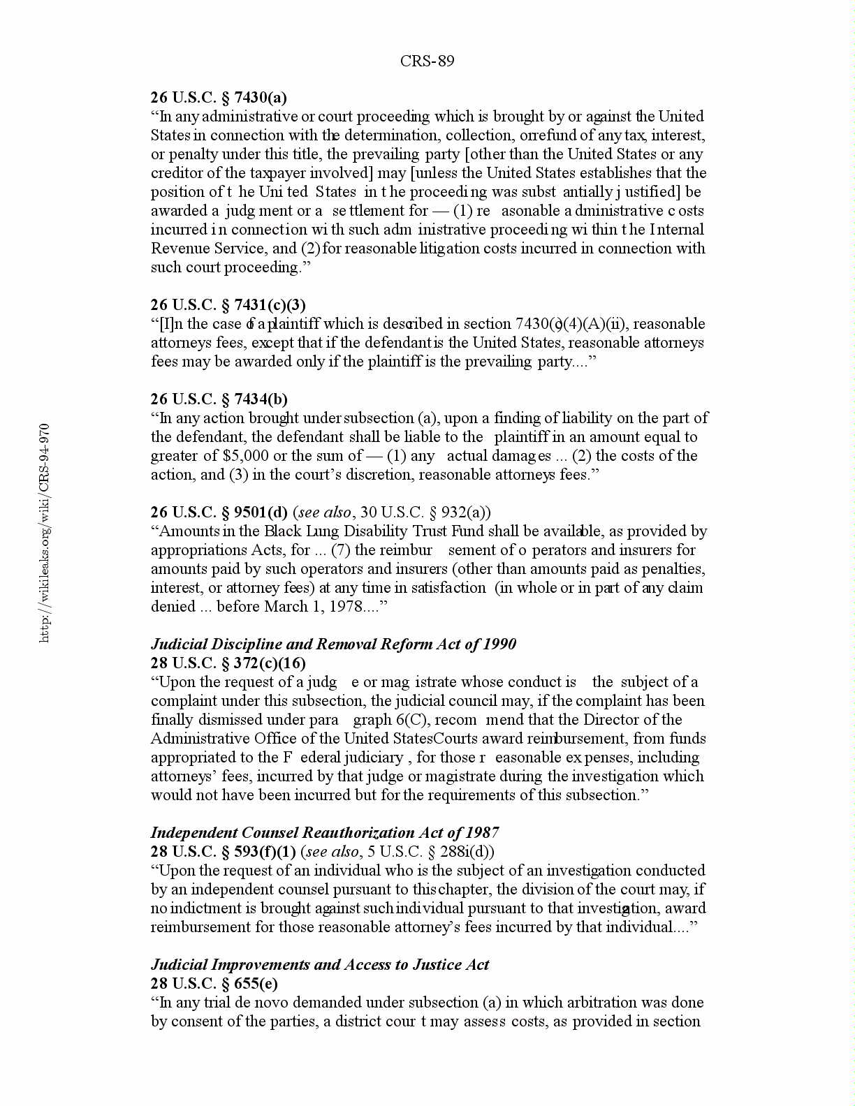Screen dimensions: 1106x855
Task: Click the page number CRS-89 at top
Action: pyautogui.click(x=427, y=61)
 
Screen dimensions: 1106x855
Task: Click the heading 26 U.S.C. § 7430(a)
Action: pyautogui.click(x=219, y=98)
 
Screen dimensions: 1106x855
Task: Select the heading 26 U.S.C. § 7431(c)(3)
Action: pyautogui.click(x=228, y=305)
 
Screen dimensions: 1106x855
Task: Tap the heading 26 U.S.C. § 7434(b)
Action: pyautogui.click(x=219, y=399)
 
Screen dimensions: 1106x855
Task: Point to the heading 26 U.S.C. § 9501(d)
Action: pyautogui.click(x=219, y=513)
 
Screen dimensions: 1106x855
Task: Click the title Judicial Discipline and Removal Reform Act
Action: pyautogui.click(x=333, y=644)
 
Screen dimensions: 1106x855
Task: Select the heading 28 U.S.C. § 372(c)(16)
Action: pyautogui.click(x=228, y=663)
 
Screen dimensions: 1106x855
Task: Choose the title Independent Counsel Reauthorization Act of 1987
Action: pyautogui.click(x=325, y=833)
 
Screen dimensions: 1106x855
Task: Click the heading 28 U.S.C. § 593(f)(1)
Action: pyautogui.click(x=223, y=852)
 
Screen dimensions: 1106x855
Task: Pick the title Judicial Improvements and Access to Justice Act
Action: pyautogui.click(x=320, y=965)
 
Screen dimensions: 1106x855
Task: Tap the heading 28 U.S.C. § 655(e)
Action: pyautogui.click(x=214, y=984)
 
